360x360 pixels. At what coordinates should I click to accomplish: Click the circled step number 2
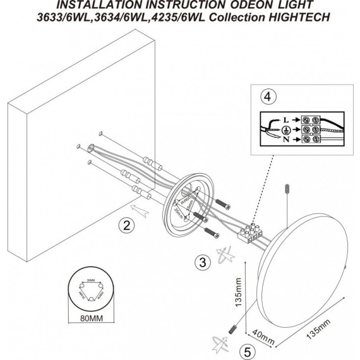126,224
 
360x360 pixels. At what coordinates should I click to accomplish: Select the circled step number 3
201,261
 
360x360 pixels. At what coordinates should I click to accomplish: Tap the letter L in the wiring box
287,118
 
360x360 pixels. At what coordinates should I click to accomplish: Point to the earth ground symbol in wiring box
287,129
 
